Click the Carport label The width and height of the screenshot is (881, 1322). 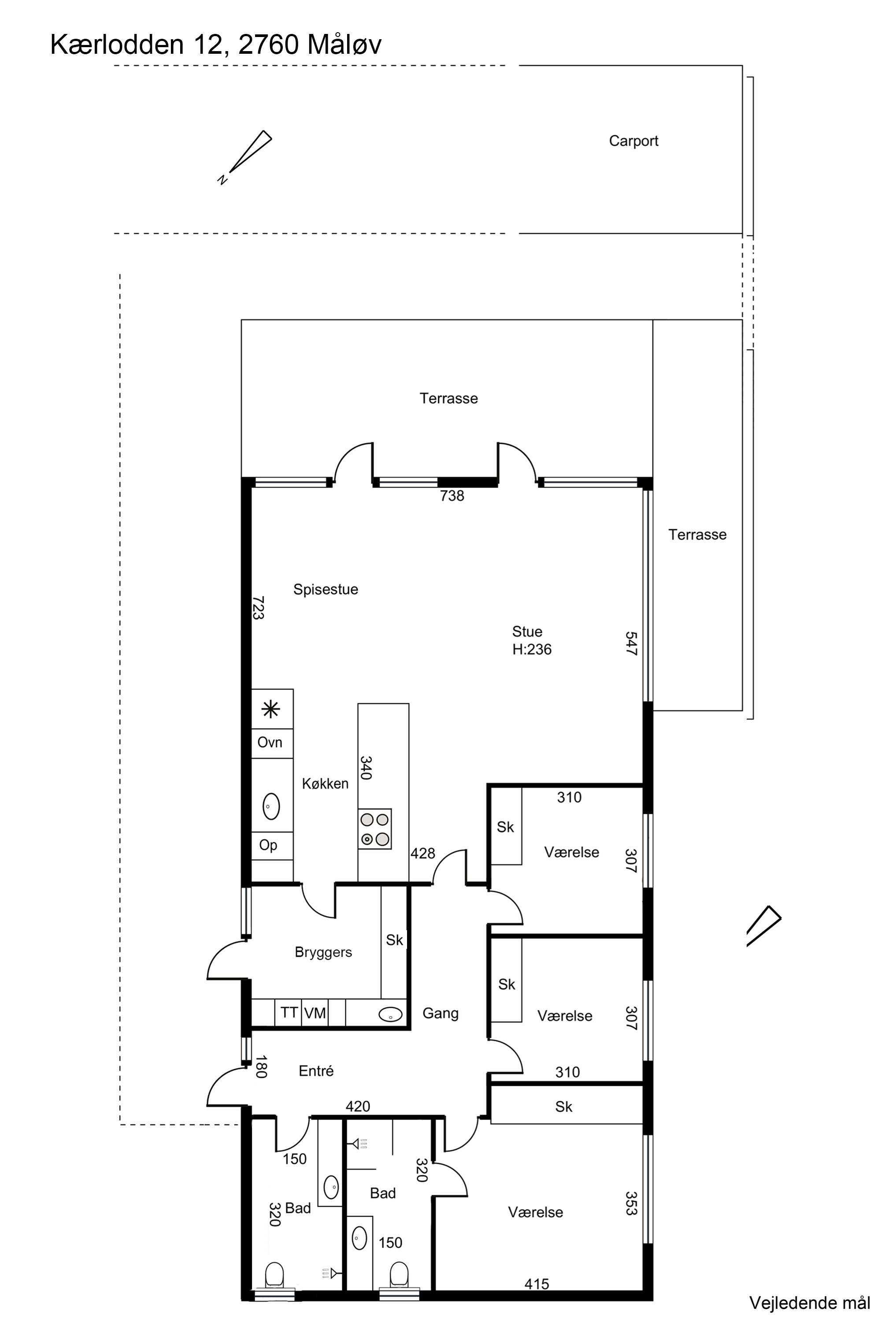633,141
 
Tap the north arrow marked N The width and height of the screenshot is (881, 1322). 245,157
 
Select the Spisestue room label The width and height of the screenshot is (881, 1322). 326,589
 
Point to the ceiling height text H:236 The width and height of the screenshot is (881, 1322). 532,649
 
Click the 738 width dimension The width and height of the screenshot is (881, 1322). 452,495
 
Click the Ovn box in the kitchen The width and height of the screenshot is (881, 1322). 272,743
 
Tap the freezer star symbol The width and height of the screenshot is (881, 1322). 271,709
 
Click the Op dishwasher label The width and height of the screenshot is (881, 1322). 268,845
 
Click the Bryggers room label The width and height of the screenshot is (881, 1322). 323,953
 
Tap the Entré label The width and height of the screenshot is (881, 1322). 316,1071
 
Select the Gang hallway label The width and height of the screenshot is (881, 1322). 440,1014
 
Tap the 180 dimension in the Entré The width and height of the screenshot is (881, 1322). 260,1066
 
